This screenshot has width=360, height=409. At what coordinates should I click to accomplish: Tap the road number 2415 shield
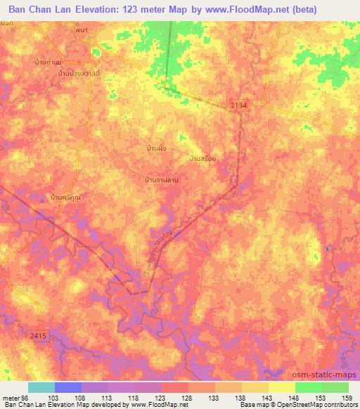tap(39, 337)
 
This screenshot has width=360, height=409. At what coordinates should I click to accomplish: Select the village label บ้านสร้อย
tap(202, 159)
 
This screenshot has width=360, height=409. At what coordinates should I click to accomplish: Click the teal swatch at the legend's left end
tap(41, 387)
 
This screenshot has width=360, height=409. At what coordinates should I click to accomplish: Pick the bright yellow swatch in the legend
tap(282, 387)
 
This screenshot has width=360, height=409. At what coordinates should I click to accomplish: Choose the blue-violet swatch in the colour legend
tap(68, 387)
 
